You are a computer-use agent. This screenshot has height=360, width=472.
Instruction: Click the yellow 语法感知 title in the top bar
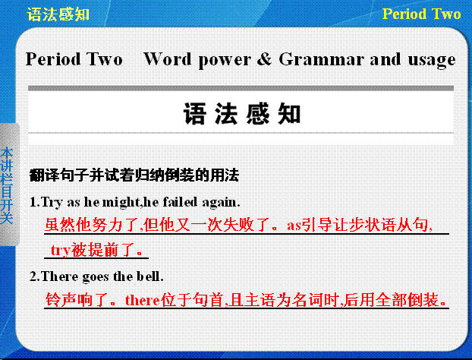point(58,14)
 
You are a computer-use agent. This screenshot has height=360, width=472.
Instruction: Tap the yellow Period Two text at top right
point(421,14)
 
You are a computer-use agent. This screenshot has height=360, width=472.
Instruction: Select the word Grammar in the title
point(321,58)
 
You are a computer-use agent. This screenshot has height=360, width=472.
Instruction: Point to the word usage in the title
point(432,60)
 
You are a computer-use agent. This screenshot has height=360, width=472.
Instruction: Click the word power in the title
point(225,60)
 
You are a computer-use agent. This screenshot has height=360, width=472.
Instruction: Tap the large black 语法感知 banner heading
point(242,114)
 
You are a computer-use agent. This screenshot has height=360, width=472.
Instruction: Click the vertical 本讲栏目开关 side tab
point(7,185)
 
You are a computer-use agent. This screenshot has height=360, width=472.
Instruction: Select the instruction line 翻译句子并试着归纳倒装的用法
point(134,175)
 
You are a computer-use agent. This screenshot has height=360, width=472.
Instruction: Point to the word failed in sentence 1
point(180,202)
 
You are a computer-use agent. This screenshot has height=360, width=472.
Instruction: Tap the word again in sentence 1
point(221,203)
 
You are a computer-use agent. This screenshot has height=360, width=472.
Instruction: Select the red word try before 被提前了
point(60,251)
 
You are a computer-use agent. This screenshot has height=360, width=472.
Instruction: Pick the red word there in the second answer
point(143,300)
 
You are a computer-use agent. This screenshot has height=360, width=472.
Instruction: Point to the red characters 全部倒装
point(407,300)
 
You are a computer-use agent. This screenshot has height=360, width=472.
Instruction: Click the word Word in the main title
point(167,58)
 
